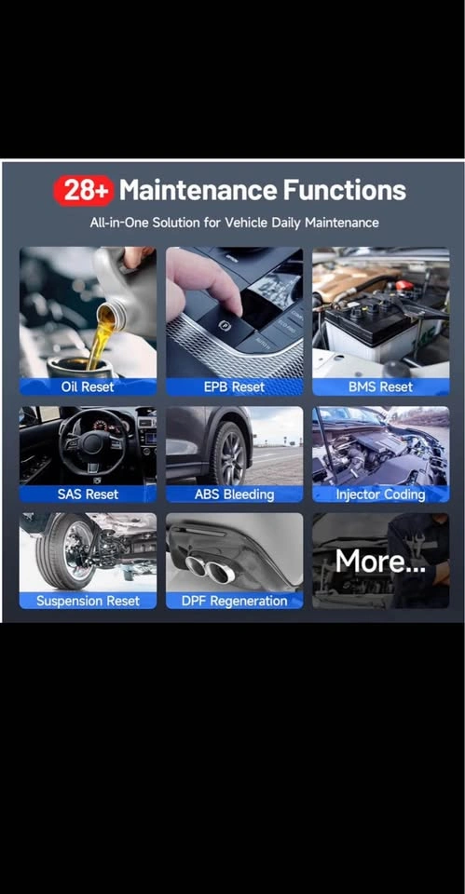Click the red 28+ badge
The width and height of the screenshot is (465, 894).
click(83, 191)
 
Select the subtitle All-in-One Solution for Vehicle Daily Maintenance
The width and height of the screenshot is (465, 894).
click(234, 223)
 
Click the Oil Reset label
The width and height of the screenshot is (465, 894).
click(88, 387)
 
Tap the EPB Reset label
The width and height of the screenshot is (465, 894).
click(234, 387)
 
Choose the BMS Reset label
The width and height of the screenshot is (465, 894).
click(380, 387)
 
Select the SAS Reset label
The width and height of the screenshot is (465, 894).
click(88, 494)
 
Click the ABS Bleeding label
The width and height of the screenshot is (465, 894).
click(234, 494)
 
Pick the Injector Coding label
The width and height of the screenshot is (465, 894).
click(380, 494)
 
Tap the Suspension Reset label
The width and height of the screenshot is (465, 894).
click(88, 601)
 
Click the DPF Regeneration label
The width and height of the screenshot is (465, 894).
click(234, 601)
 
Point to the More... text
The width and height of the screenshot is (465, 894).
click(380, 561)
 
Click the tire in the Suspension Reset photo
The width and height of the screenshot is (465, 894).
click(62, 550)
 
